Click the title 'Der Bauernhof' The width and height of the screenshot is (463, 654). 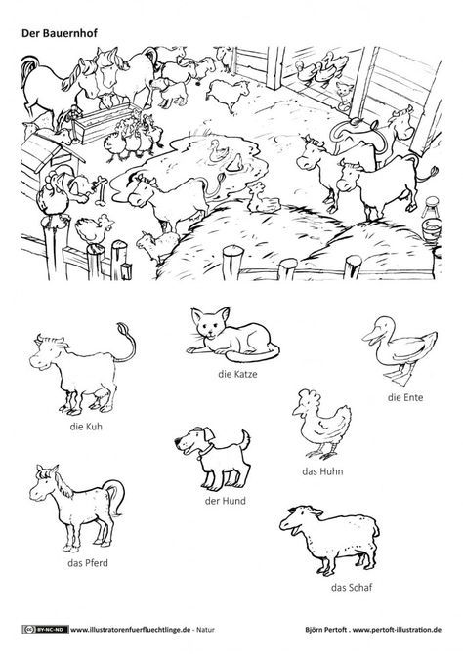60,33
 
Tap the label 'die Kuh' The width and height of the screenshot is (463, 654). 86,427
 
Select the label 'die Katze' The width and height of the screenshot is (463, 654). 237,374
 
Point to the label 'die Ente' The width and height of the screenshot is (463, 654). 405,397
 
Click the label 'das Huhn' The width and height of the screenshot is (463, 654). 322,471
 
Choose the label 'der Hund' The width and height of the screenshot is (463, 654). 225,501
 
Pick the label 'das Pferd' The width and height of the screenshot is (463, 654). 88,563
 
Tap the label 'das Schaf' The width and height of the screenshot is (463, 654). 352,588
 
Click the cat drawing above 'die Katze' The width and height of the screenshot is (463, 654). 232,336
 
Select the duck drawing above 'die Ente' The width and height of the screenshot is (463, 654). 399,350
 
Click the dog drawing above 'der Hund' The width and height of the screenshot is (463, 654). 213,458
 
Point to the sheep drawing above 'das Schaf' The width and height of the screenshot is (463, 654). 330,539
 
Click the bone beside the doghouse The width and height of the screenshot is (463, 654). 101,191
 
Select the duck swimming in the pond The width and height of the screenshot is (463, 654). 219,151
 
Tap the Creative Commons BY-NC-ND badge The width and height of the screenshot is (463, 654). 45,630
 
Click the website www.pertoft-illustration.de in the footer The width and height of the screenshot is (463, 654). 397,630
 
